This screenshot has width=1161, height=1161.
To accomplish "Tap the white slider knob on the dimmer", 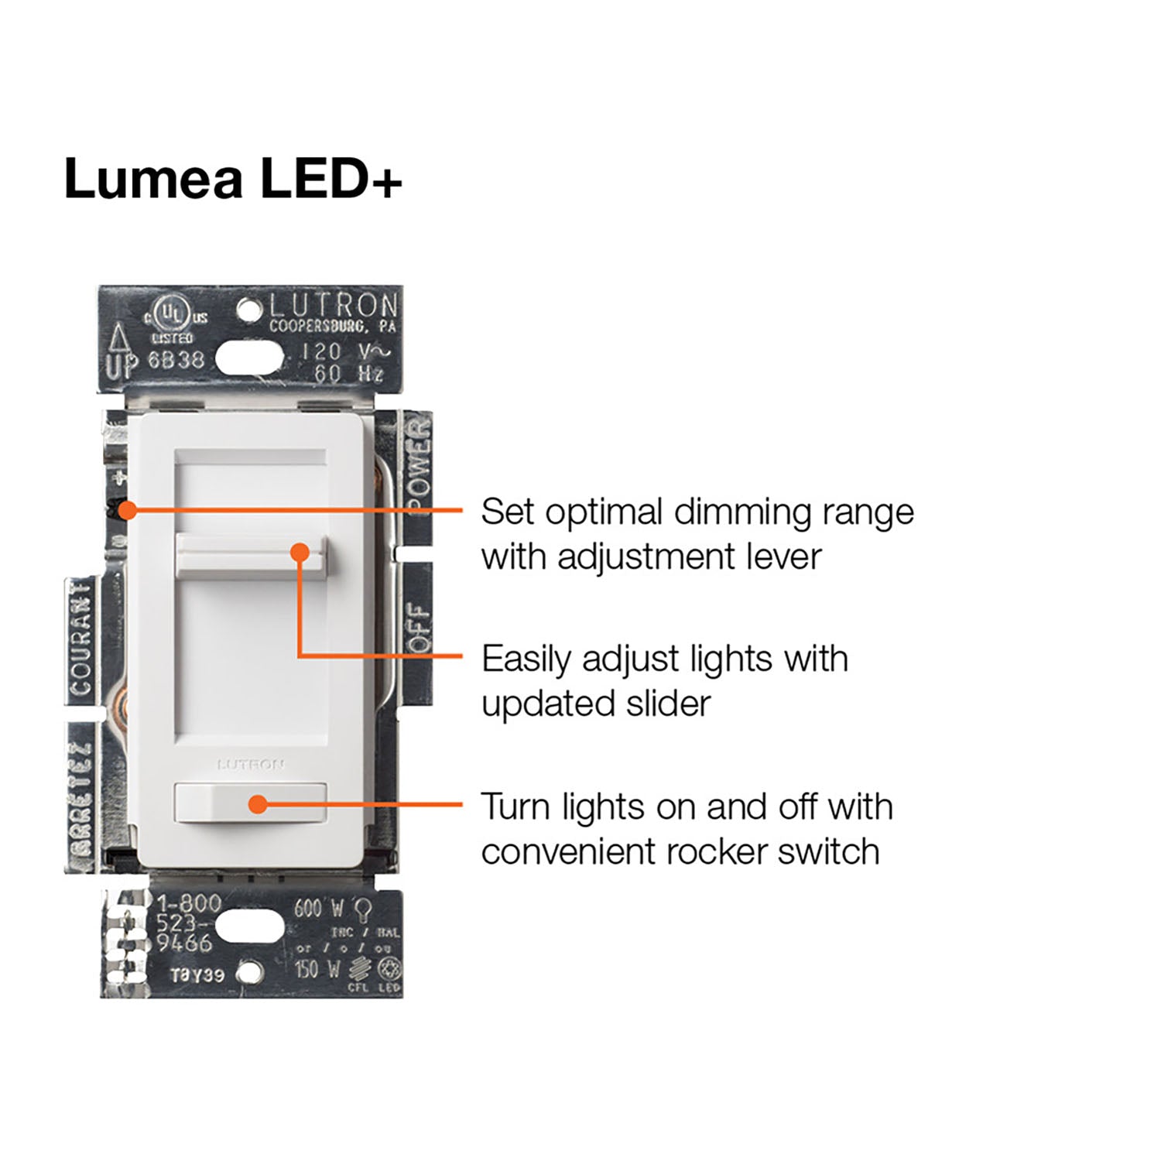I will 252,553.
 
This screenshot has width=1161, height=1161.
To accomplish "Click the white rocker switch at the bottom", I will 251,803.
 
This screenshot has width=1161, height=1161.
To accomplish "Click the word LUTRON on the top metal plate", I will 334,306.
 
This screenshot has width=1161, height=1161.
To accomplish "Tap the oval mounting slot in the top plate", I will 248,358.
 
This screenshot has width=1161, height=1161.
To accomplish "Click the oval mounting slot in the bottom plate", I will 248,926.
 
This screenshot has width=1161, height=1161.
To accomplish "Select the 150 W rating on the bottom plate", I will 317,967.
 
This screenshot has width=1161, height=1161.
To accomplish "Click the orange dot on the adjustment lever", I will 128,510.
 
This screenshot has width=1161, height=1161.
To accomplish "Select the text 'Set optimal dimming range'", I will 697,512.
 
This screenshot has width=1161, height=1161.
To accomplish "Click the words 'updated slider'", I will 595,704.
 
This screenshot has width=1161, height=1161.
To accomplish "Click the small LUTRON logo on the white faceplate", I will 250,765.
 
